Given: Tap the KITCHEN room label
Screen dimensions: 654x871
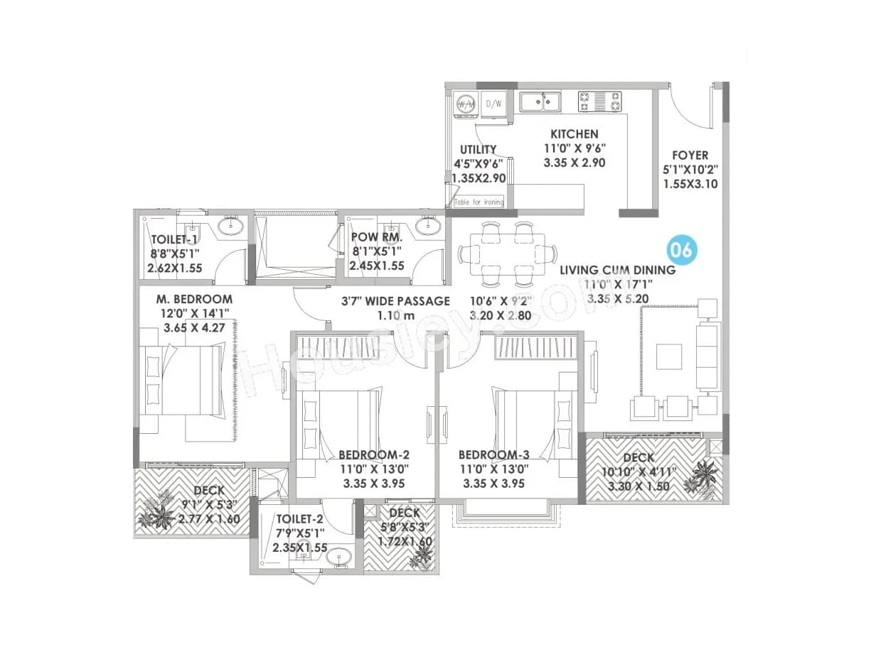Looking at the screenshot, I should pos(574,133).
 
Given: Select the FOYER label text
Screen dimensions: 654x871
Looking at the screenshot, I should pos(690,155).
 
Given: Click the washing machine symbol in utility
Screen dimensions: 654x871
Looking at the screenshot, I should pos(466,104).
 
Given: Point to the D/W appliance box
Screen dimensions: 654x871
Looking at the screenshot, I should pos(493,104).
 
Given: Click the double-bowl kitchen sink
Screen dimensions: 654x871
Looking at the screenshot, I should pos(540,102).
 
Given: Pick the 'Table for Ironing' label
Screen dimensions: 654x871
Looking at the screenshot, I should pos(479,202).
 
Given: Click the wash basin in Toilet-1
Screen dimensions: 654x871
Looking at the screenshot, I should pos(230,227).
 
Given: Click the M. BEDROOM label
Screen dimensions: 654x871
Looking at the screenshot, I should pos(194,299).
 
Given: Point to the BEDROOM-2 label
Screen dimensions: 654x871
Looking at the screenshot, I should pos(374,454).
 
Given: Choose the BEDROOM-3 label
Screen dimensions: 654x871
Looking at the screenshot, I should pos(493,454).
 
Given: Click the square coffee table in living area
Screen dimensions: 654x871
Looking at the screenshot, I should pos(667,356).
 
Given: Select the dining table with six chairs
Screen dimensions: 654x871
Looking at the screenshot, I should pos(506,254).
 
